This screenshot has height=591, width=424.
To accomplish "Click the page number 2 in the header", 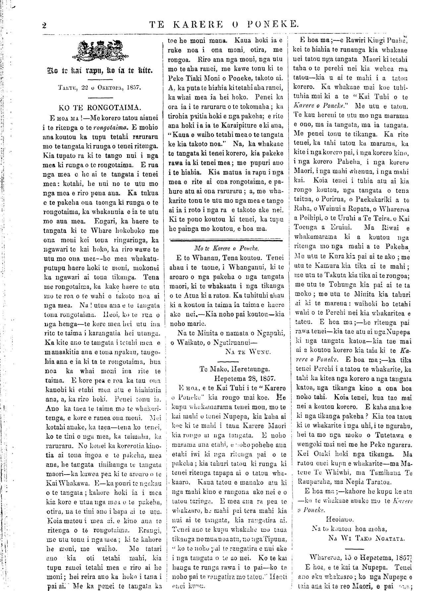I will pyautogui.click(x=44, y=24).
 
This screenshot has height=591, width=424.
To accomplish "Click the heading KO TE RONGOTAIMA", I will pyautogui.click(x=100, y=107).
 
